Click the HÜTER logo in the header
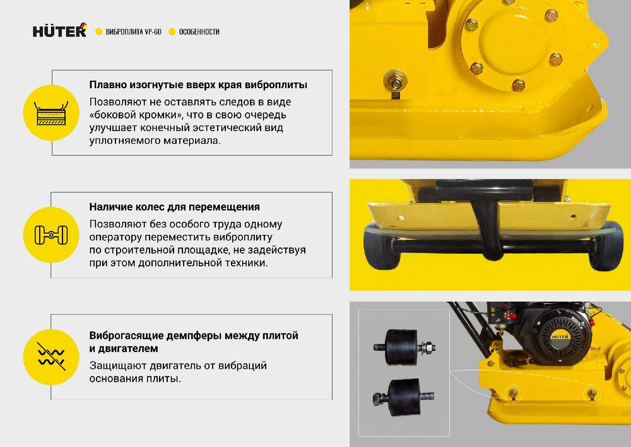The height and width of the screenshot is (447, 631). point(60,30)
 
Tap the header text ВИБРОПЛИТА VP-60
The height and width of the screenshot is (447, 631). point(133,32)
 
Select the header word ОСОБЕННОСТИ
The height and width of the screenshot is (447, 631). point(199,32)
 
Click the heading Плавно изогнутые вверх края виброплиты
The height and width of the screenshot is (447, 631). point(198,85)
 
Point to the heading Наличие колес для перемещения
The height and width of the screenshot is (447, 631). point(175,207)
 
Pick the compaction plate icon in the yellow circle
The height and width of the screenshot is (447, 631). point(51,113)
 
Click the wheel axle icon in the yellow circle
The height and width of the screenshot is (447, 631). point(51,235)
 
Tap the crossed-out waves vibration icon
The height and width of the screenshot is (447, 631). point(51,357)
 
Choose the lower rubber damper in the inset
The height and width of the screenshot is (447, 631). point(404,397)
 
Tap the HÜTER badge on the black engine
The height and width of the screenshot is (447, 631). point(560,337)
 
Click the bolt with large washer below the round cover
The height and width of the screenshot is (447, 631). point(395,83)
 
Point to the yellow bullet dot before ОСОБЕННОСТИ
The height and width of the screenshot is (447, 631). point(172,32)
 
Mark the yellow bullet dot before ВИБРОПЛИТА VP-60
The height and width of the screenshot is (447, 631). point(99,32)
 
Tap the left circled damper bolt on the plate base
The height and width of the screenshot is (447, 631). point(513,393)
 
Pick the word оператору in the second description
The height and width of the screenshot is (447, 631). point(116,237)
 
